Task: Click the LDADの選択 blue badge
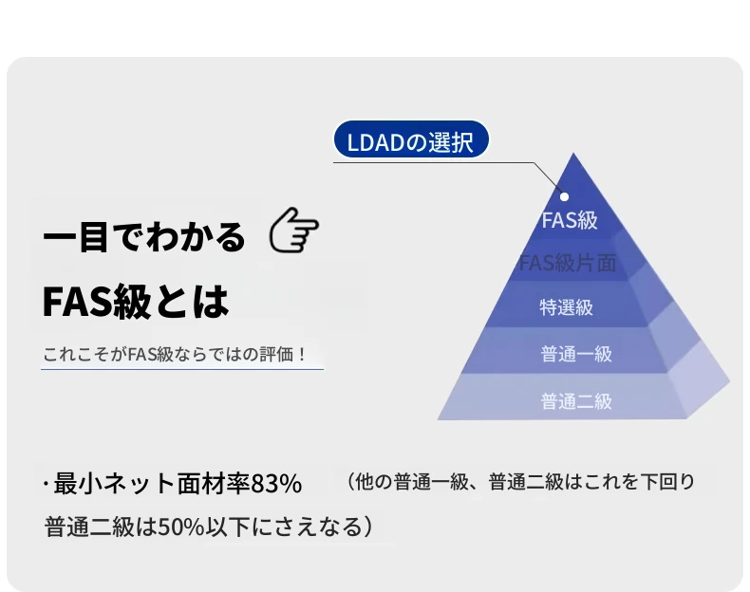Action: click(x=411, y=139)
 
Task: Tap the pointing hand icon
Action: click(x=293, y=231)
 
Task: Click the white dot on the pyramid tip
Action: click(x=565, y=196)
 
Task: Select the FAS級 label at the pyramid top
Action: click(x=570, y=220)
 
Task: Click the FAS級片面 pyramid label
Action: click(x=568, y=263)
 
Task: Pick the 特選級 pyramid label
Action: click(x=567, y=307)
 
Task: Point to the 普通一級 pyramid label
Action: click(x=576, y=354)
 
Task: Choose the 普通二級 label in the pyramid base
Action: click(x=576, y=401)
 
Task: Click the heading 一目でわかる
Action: click(x=144, y=237)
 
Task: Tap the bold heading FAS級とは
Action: click(x=136, y=302)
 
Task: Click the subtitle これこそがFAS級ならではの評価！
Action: click(x=175, y=355)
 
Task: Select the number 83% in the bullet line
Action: click(x=276, y=484)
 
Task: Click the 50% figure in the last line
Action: click(x=181, y=527)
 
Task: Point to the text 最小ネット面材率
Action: click(x=152, y=483)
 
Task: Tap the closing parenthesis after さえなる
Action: click(x=367, y=527)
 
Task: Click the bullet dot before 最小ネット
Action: click(x=46, y=484)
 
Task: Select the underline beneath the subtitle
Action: click(x=182, y=369)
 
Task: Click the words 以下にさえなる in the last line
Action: click(x=283, y=527)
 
